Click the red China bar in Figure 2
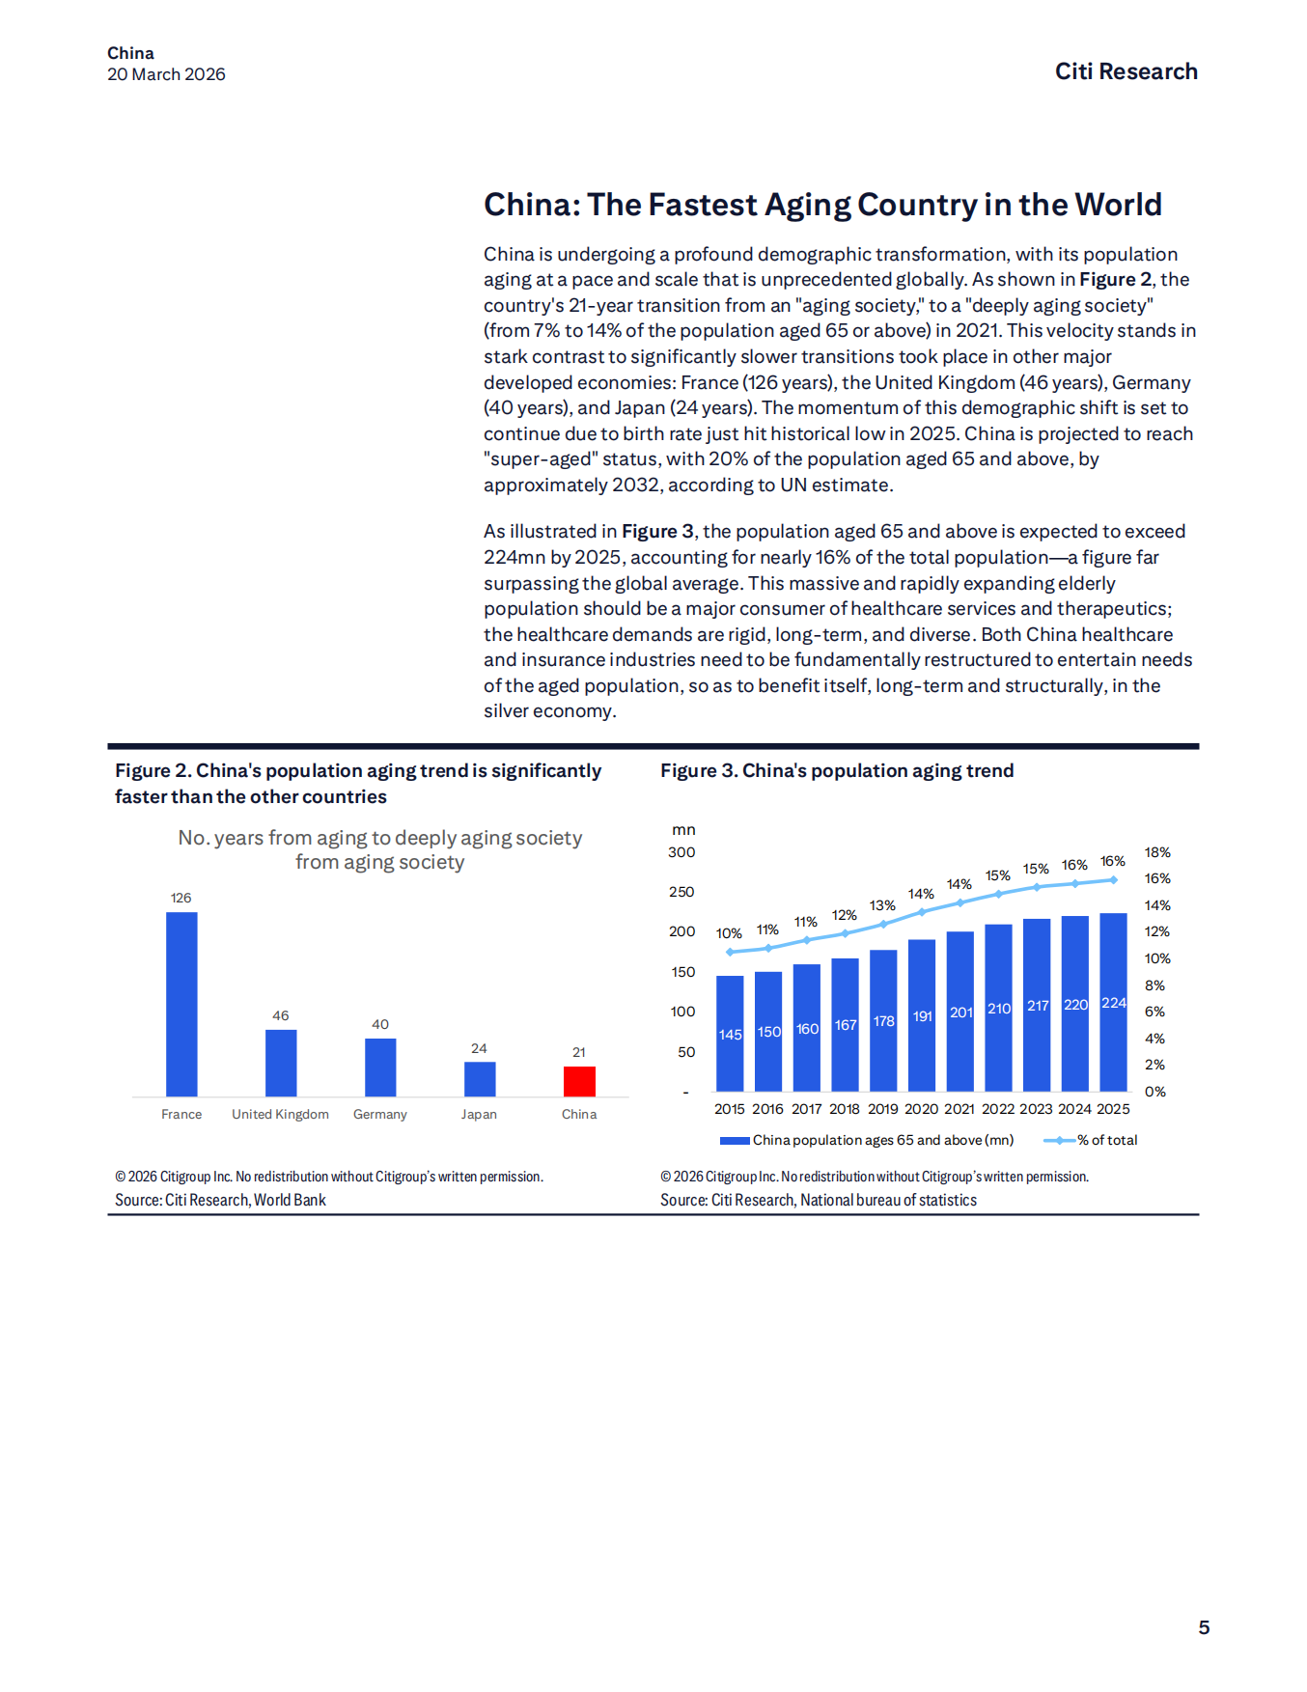(x=579, y=1081)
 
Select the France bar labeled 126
(x=181, y=1004)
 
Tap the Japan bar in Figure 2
(x=480, y=1079)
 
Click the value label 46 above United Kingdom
(x=281, y=1015)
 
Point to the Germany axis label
(x=380, y=1114)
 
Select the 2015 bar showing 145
(x=730, y=1033)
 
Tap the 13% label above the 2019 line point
(x=882, y=905)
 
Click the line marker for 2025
(x=1113, y=879)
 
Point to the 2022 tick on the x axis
(x=998, y=1109)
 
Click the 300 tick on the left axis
(x=681, y=852)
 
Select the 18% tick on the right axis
(x=1157, y=852)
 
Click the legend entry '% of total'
(x=1107, y=1140)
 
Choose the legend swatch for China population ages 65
(x=735, y=1140)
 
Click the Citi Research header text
(x=1126, y=71)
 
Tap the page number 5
(x=1204, y=1627)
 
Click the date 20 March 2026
(x=166, y=74)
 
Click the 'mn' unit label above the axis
(x=683, y=830)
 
